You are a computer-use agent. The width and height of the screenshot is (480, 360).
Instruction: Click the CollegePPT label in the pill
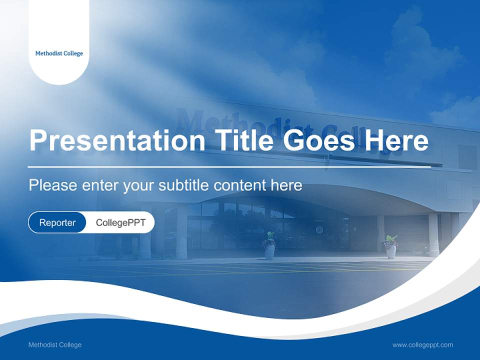pos(120,222)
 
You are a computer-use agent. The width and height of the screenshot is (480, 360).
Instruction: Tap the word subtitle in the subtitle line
pos(184,185)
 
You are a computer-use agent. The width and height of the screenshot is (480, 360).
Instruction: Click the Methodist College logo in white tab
pos(59,53)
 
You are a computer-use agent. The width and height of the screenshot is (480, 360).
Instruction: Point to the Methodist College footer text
pos(55,344)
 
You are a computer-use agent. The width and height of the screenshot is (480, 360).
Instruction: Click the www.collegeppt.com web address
pos(422,344)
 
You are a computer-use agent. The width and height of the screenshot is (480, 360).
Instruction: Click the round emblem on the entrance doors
pos(318,229)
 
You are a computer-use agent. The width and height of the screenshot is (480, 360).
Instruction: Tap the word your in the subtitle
pos(139,185)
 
